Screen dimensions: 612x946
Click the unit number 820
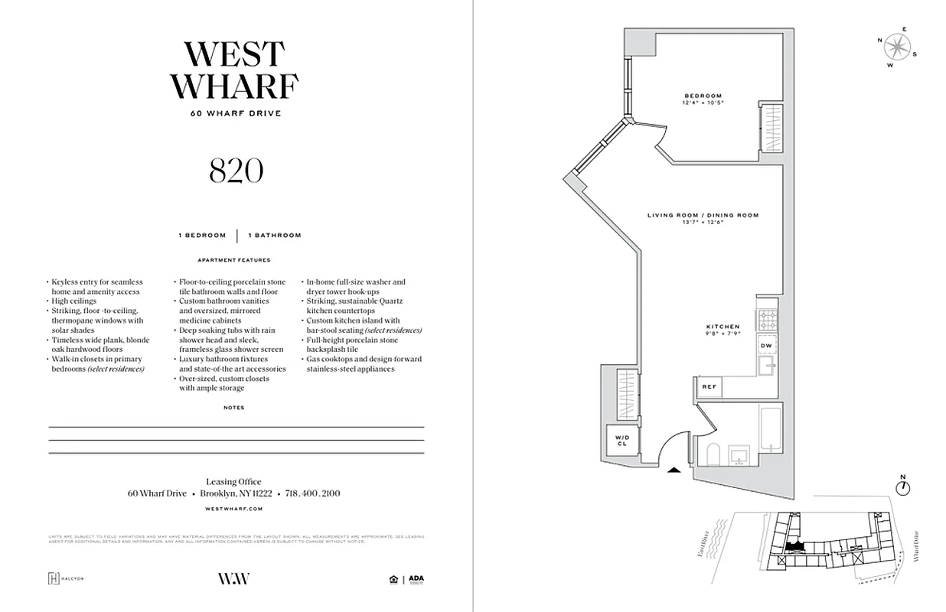click(236, 171)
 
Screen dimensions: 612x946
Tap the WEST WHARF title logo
click(234, 70)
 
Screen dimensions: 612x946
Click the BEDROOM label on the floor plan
click(703, 96)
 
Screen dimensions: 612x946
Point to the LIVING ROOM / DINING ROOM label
click(703, 216)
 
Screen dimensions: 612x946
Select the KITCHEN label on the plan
click(723, 327)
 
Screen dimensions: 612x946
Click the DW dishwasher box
click(766, 346)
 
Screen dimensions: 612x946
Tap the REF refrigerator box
click(709, 387)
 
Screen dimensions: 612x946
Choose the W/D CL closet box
click(621, 440)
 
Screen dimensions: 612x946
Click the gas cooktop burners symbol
click(767, 317)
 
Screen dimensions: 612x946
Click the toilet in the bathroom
click(710, 456)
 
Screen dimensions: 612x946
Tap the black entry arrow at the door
click(674, 470)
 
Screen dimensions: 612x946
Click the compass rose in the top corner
click(895, 47)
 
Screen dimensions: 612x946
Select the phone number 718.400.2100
click(312, 493)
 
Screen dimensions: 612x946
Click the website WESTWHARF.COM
click(235, 508)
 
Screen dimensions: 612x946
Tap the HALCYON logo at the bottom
click(66, 579)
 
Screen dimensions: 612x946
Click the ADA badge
click(415, 579)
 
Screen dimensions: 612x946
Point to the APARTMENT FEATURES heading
click(233, 260)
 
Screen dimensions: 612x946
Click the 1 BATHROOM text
click(274, 236)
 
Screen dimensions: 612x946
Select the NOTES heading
click(234, 408)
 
